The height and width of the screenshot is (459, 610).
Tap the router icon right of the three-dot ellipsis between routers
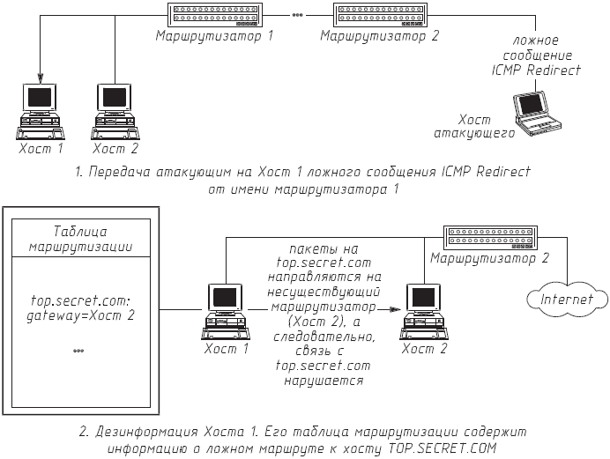coord(376,15)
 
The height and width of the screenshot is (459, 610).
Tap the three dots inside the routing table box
coord(78,352)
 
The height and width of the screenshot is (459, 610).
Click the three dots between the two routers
coord(296,14)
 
